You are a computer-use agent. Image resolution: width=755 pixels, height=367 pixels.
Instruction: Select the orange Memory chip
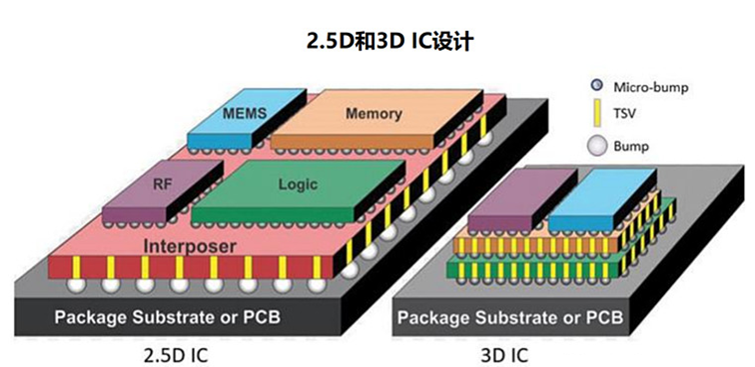373,114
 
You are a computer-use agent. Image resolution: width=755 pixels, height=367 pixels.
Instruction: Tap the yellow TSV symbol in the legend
596,116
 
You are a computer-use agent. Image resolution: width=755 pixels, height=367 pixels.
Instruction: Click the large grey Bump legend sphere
596,146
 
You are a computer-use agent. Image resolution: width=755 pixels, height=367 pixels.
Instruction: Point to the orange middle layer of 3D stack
499,245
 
